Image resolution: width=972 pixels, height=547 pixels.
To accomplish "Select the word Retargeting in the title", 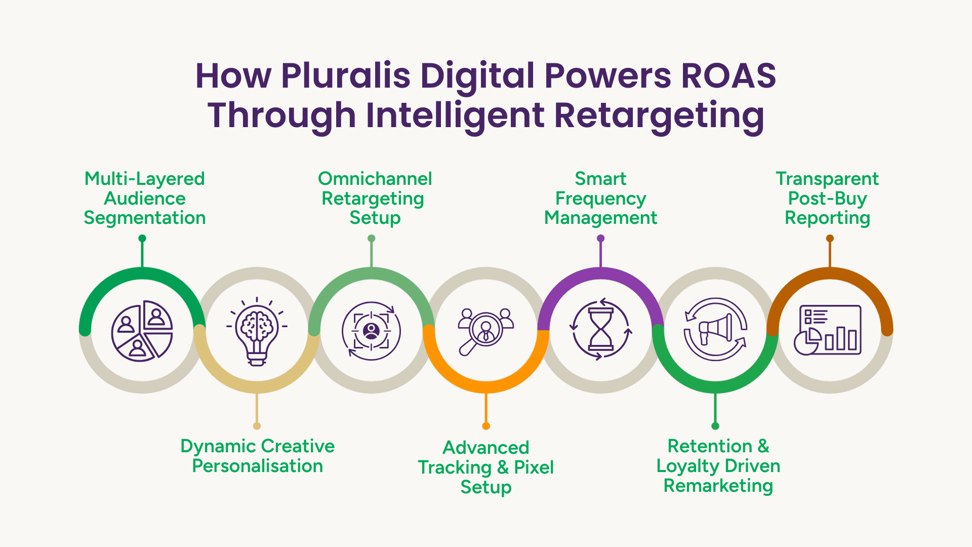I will (659, 115).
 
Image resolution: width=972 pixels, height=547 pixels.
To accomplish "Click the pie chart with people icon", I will (142, 331).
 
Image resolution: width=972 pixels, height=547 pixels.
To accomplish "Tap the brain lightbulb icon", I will (257, 331).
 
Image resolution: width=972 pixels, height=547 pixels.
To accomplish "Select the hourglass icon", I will (600, 330).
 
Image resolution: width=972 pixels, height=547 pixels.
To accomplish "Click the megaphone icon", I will (715, 329).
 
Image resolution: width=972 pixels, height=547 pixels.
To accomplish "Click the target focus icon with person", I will (371, 331).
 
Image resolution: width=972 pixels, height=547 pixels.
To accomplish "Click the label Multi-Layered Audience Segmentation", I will (144, 198).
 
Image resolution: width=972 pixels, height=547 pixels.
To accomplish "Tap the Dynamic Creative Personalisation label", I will (257, 456).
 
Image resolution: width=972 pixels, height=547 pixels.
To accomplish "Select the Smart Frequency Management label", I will (600, 198).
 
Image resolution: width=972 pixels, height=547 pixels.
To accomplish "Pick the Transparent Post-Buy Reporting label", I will (827, 198).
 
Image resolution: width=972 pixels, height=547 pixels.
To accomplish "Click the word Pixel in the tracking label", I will (534, 467).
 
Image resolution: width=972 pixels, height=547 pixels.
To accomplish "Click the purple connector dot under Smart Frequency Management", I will (601, 239).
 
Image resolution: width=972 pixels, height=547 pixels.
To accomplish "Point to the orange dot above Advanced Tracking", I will (486, 426).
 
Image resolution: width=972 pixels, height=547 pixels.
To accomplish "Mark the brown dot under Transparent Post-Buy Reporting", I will (830, 239).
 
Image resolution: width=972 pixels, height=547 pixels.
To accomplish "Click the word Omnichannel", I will (375, 179).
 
